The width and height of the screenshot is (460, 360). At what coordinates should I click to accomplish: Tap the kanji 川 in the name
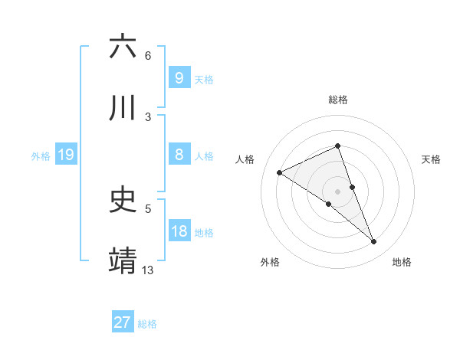[123, 109]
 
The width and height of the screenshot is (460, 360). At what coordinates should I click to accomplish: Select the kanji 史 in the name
[123, 201]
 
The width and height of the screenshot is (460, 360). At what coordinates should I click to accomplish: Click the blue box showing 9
[179, 78]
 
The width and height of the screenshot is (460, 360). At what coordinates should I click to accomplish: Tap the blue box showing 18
[179, 231]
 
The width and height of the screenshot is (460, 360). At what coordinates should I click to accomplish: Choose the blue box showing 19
[65, 155]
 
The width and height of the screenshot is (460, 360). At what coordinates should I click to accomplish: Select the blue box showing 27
[123, 322]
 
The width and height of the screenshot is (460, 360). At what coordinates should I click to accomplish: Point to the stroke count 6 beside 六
[148, 55]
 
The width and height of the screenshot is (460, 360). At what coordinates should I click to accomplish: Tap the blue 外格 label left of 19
[41, 156]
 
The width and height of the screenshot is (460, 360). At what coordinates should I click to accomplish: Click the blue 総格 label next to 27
[147, 324]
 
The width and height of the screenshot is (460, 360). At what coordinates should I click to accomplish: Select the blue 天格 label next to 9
[204, 80]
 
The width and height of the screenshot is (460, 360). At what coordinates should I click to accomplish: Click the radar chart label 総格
[338, 100]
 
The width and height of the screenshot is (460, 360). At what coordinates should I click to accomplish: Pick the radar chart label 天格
[432, 159]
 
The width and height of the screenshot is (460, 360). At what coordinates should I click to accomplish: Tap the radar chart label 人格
[245, 159]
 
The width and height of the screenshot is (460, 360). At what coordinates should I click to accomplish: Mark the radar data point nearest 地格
[374, 242]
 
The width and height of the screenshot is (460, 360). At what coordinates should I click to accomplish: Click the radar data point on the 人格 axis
[280, 172]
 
